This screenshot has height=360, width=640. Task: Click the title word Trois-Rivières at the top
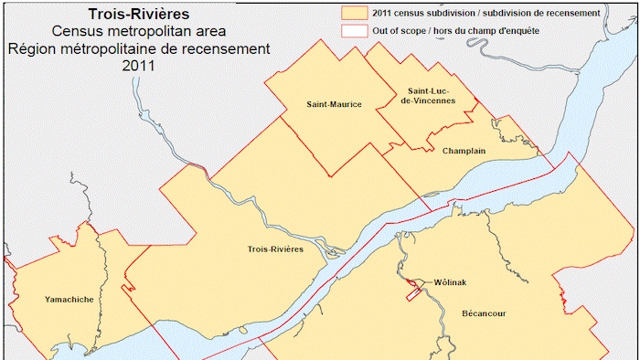coord(140,15)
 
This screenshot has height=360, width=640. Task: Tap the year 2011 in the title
coord(140,65)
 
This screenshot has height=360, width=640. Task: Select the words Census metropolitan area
coord(140,31)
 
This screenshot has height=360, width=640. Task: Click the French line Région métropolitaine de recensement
coord(140,48)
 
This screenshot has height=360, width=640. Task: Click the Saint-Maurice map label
coord(335,105)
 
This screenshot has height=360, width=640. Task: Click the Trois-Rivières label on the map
coord(275,249)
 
